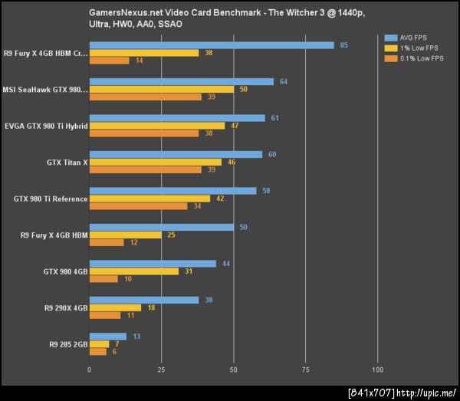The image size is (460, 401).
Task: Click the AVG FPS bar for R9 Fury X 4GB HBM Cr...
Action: (x=212, y=45)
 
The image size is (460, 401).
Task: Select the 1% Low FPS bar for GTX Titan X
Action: (x=156, y=162)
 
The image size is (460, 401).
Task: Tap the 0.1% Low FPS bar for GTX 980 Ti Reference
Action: (x=139, y=205)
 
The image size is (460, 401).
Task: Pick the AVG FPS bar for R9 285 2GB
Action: (x=108, y=337)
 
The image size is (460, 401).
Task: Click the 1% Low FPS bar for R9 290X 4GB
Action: (x=116, y=307)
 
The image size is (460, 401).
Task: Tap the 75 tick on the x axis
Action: (x=305, y=370)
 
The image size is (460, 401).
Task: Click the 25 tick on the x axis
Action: (x=162, y=370)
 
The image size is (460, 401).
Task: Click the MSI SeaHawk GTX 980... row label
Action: (x=46, y=90)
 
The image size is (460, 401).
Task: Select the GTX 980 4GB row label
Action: (x=65, y=271)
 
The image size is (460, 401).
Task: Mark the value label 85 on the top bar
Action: (x=343, y=45)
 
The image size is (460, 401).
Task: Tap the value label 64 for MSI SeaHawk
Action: (x=284, y=81)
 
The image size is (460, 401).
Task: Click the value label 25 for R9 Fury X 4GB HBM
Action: (x=171, y=235)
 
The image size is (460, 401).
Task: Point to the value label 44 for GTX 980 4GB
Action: (x=226, y=264)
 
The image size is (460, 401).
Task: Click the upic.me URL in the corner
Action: (x=427, y=393)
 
